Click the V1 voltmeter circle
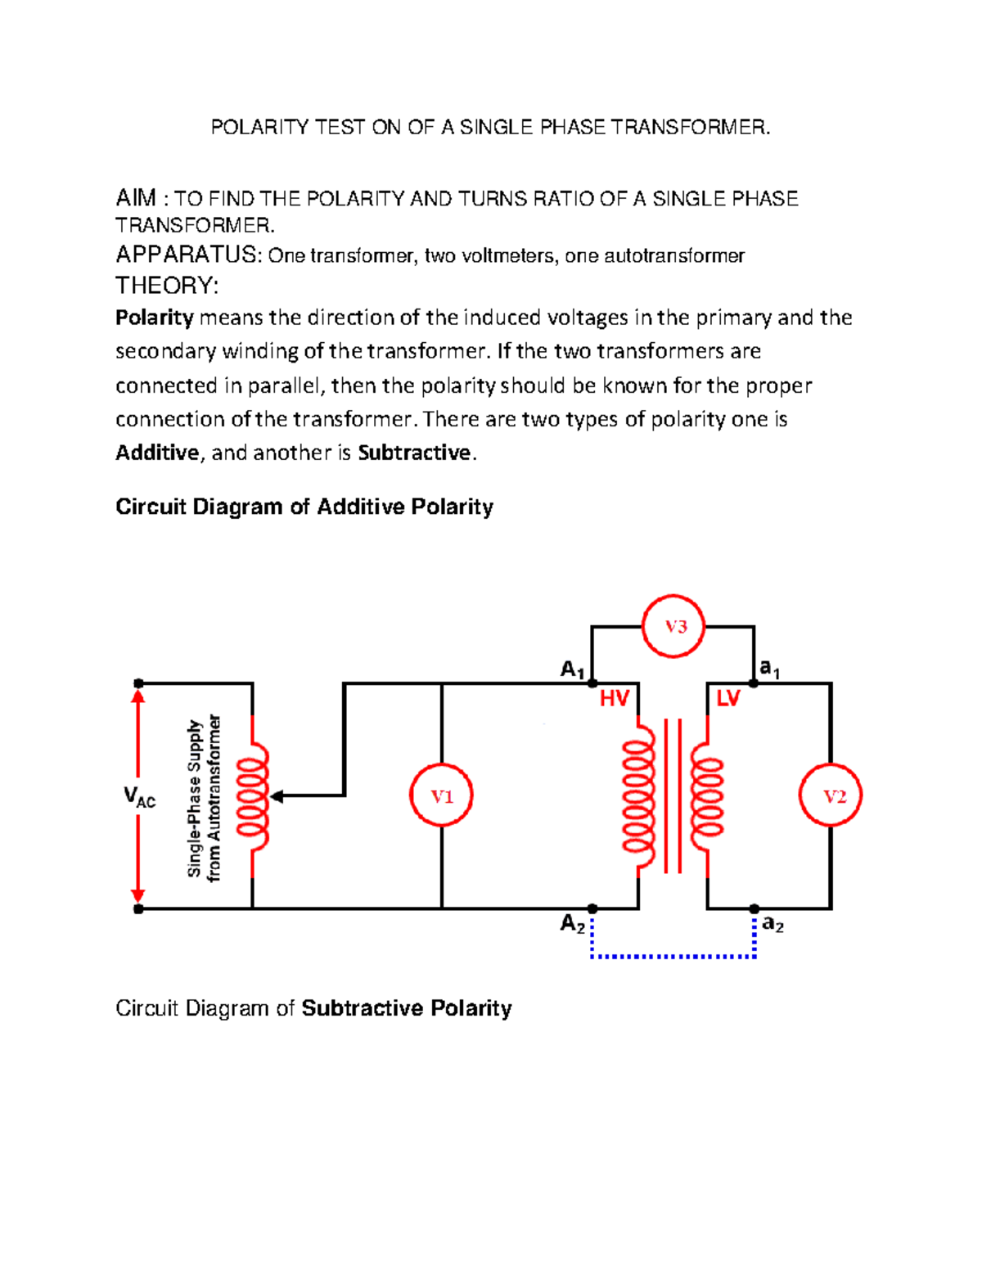point(442,796)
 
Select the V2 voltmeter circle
point(831,796)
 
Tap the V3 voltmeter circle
point(673,627)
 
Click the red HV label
point(614,698)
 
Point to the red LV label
point(727,698)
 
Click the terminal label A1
point(572,670)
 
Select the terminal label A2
point(572,924)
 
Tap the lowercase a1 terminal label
point(770,669)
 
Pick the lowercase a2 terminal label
point(773,924)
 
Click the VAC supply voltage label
point(139,796)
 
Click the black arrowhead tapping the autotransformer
point(277,796)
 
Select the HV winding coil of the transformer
point(639,796)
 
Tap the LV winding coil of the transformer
point(707,796)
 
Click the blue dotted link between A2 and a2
point(673,956)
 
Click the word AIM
point(136,198)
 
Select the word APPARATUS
point(187,255)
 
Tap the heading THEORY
point(167,286)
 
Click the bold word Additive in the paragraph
point(157,453)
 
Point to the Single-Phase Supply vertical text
point(195,798)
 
